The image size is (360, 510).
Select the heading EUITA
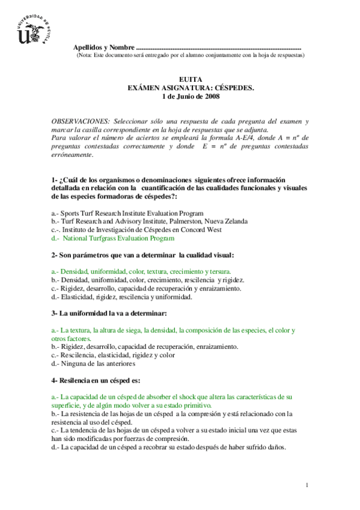coord(191,79)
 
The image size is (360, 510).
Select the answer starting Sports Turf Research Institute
coord(127,213)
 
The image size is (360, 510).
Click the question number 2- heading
coord(55,255)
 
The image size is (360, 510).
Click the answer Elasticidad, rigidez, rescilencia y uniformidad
coord(122,297)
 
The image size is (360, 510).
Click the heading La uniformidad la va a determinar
coord(109,313)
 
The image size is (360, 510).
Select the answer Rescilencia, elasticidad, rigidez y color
coord(113,355)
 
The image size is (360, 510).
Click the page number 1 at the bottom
coord(307,485)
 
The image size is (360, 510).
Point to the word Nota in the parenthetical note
coord(85,55)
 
